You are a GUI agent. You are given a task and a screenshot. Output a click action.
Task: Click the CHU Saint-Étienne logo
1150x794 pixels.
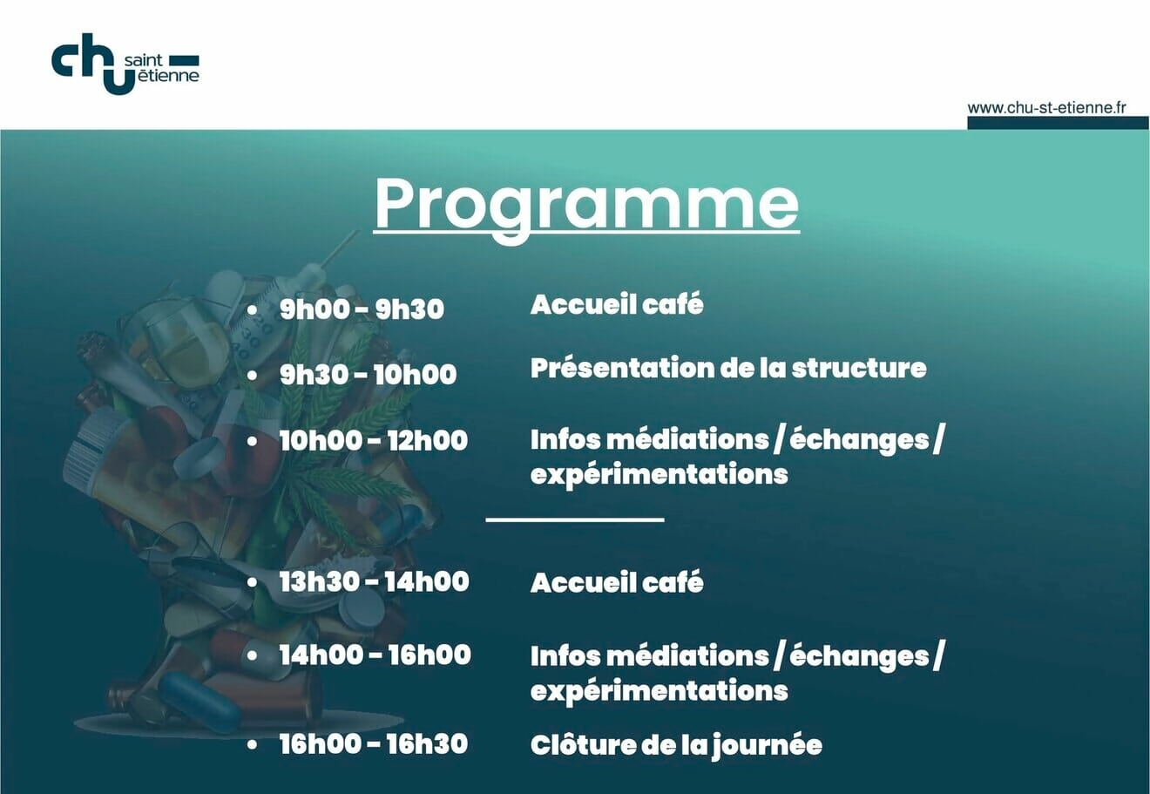tap(125, 64)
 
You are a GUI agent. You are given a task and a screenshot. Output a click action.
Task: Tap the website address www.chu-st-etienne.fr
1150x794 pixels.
tap(1046, 108)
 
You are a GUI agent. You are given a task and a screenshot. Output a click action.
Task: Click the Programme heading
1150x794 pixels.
tap(586, 206)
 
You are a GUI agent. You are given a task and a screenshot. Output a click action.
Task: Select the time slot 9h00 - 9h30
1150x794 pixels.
tap(362, 309)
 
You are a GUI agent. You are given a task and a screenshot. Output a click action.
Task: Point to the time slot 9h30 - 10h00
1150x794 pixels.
tap(368, 374)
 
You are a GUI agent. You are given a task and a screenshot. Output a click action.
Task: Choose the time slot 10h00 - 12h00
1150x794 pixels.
tap(373, 440)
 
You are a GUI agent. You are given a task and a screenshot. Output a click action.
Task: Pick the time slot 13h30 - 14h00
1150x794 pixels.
tap(374, 581)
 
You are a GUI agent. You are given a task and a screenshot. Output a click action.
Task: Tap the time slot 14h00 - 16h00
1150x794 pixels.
tap(375, 655)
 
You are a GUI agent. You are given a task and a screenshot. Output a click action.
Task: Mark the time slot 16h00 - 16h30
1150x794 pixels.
tap(373, 743)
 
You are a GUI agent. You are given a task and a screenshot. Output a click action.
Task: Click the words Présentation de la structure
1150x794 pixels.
tap(728, 369)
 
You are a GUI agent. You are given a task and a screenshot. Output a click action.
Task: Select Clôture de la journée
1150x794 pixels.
tap(676, 746)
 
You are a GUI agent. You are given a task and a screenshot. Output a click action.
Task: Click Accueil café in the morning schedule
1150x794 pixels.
tap(617, 304)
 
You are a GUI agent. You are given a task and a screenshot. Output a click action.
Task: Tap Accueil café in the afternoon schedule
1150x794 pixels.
tap(617, 582)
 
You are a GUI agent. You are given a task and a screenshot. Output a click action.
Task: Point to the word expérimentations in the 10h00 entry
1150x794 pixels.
tap(660, 474)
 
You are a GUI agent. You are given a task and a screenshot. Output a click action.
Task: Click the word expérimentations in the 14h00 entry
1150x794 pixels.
tap(660, 691)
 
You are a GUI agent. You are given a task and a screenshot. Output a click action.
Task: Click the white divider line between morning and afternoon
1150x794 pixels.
tap(575, 519)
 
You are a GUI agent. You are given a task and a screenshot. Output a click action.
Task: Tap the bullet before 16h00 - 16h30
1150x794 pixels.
tap(252, 744)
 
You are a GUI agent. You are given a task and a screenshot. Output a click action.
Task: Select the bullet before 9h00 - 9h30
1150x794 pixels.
tap(252, 309)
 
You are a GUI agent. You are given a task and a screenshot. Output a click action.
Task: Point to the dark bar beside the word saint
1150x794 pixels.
tap(184, 60)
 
